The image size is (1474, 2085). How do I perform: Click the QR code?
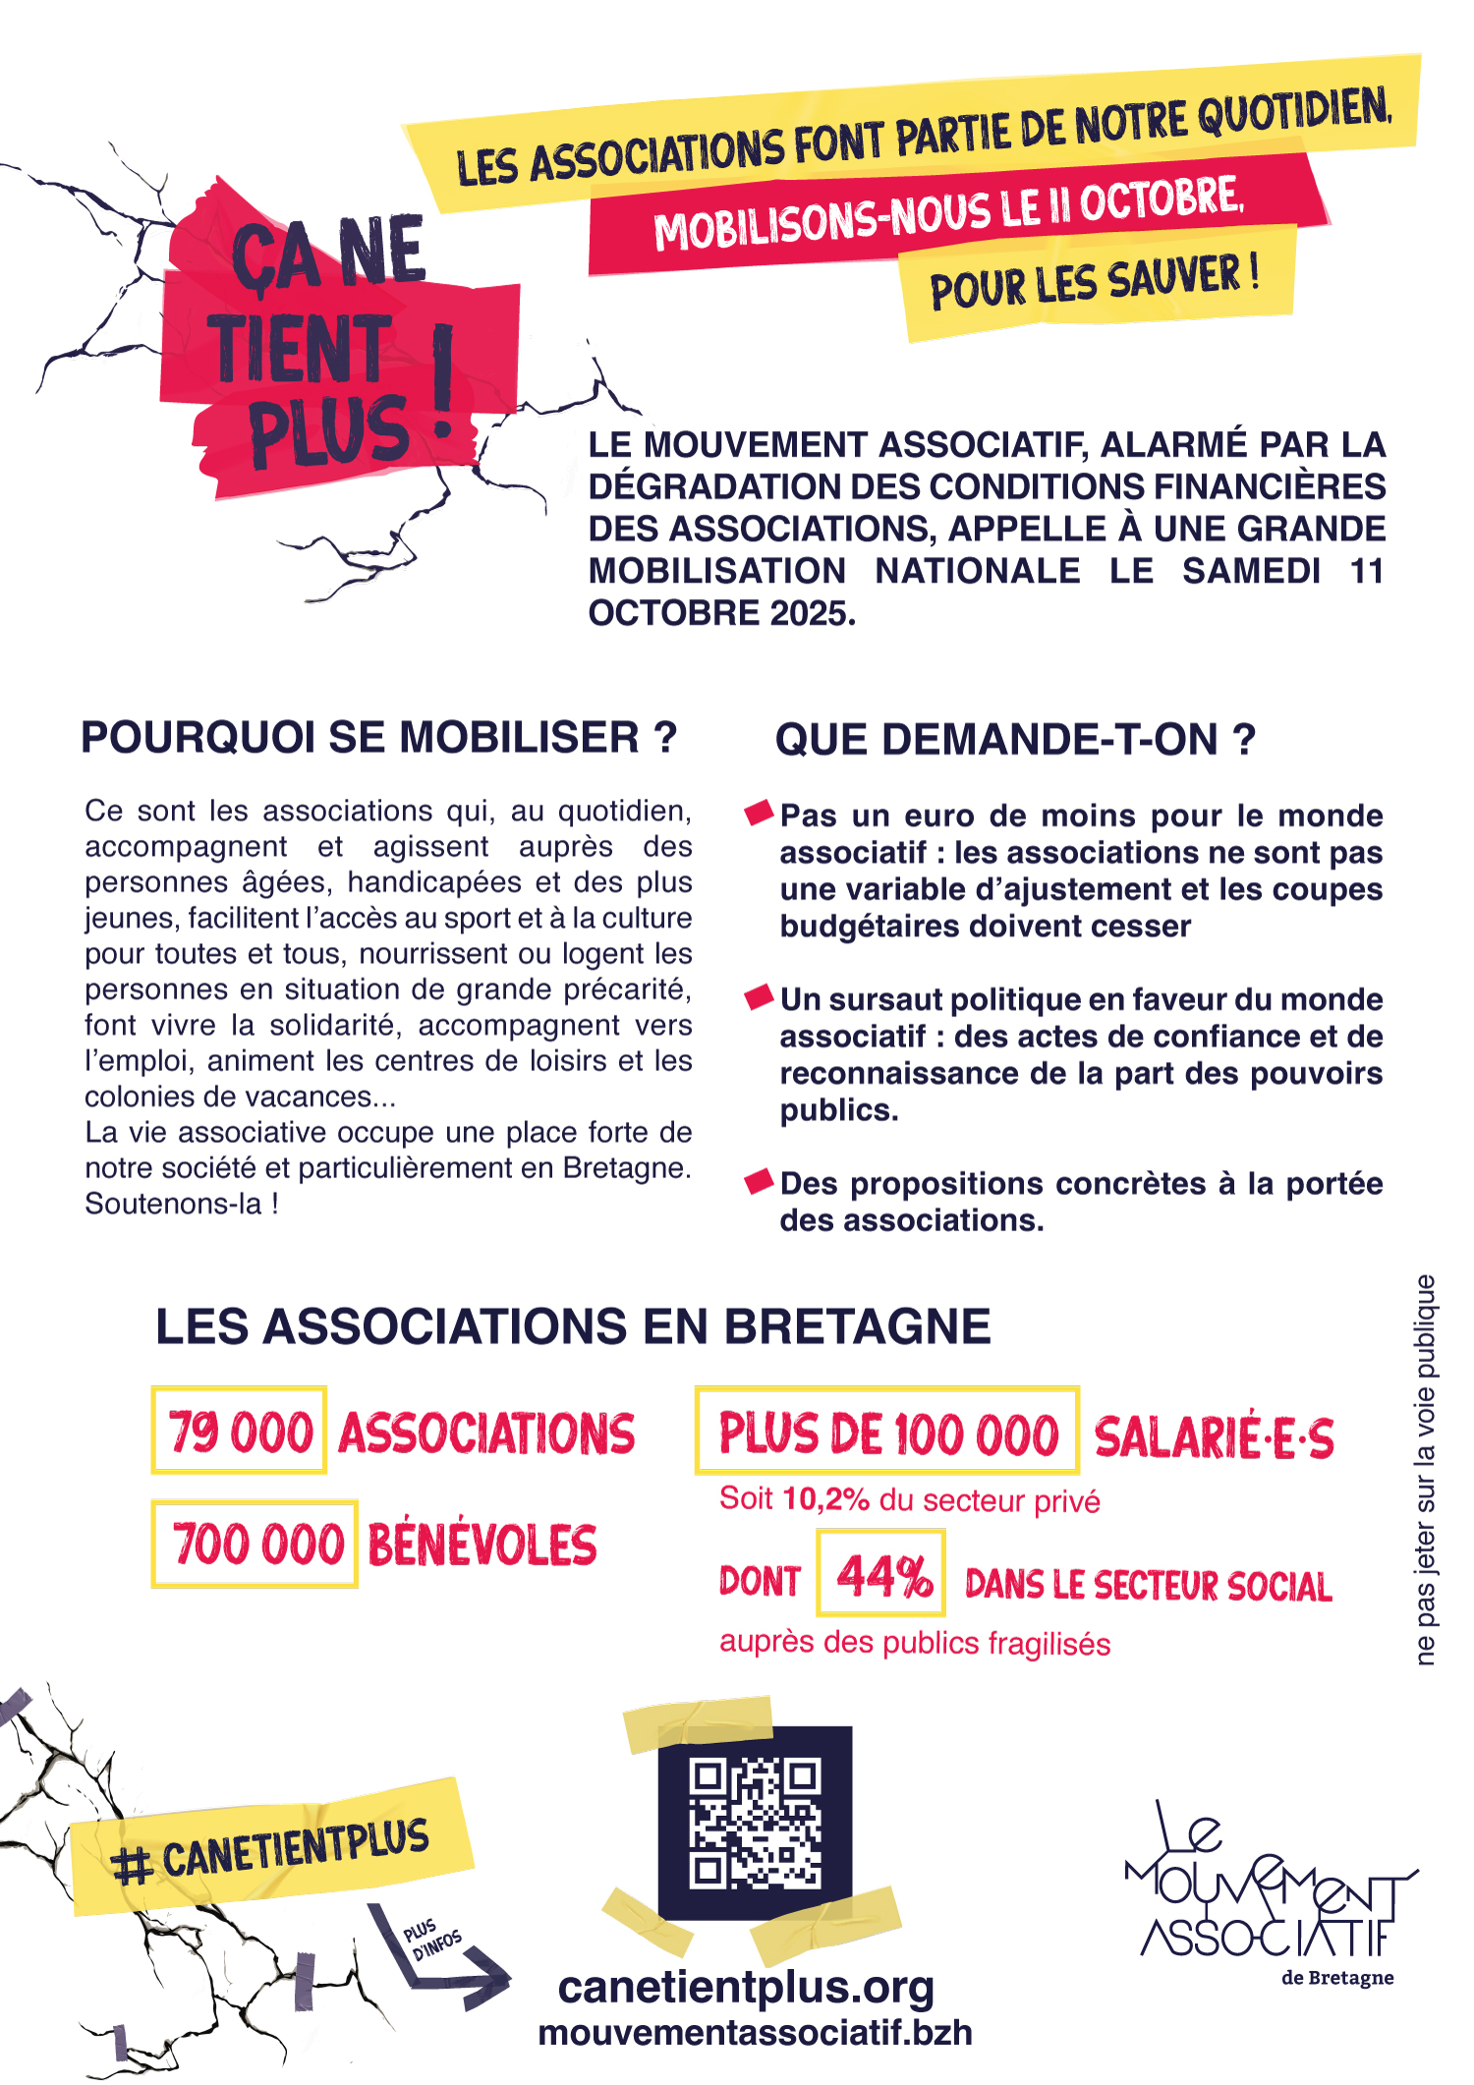(755, 1824)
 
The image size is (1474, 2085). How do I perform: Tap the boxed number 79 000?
(239, 1431)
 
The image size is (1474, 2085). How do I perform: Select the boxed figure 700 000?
(255, 1544)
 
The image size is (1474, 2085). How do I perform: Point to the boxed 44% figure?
(880, 1573)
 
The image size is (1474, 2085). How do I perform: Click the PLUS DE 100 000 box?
(887, 1432)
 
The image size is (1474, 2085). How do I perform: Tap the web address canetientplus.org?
(746, 1987)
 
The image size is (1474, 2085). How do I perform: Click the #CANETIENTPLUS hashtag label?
(271, 1848)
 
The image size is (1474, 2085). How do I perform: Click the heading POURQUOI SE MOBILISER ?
(379, 737)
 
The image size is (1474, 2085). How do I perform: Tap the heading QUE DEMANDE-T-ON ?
(1015, 740)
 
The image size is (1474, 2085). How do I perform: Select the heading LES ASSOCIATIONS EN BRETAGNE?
(573, 1326)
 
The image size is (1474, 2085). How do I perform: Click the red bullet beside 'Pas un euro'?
(759, 813)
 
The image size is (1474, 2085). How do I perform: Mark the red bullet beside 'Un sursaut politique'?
(759, 997)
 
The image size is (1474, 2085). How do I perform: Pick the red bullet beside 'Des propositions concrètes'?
(759, 1181)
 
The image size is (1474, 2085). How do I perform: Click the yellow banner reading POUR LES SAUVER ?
(1096, 282)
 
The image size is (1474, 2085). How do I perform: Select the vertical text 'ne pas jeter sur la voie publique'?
(1426, 1470)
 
